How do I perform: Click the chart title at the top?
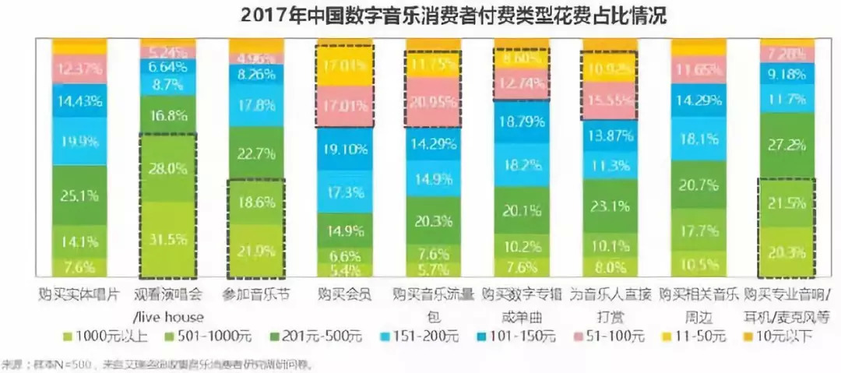pos(421,15)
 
